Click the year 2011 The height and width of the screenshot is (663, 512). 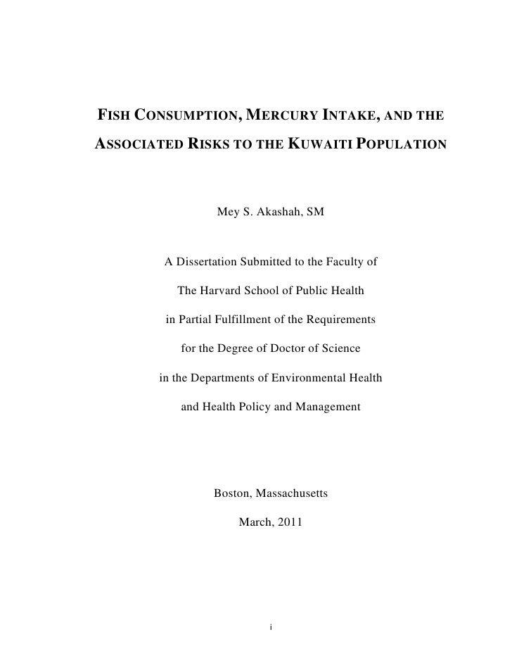click(290, 522)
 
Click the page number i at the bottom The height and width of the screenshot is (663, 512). click(271, 626)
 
